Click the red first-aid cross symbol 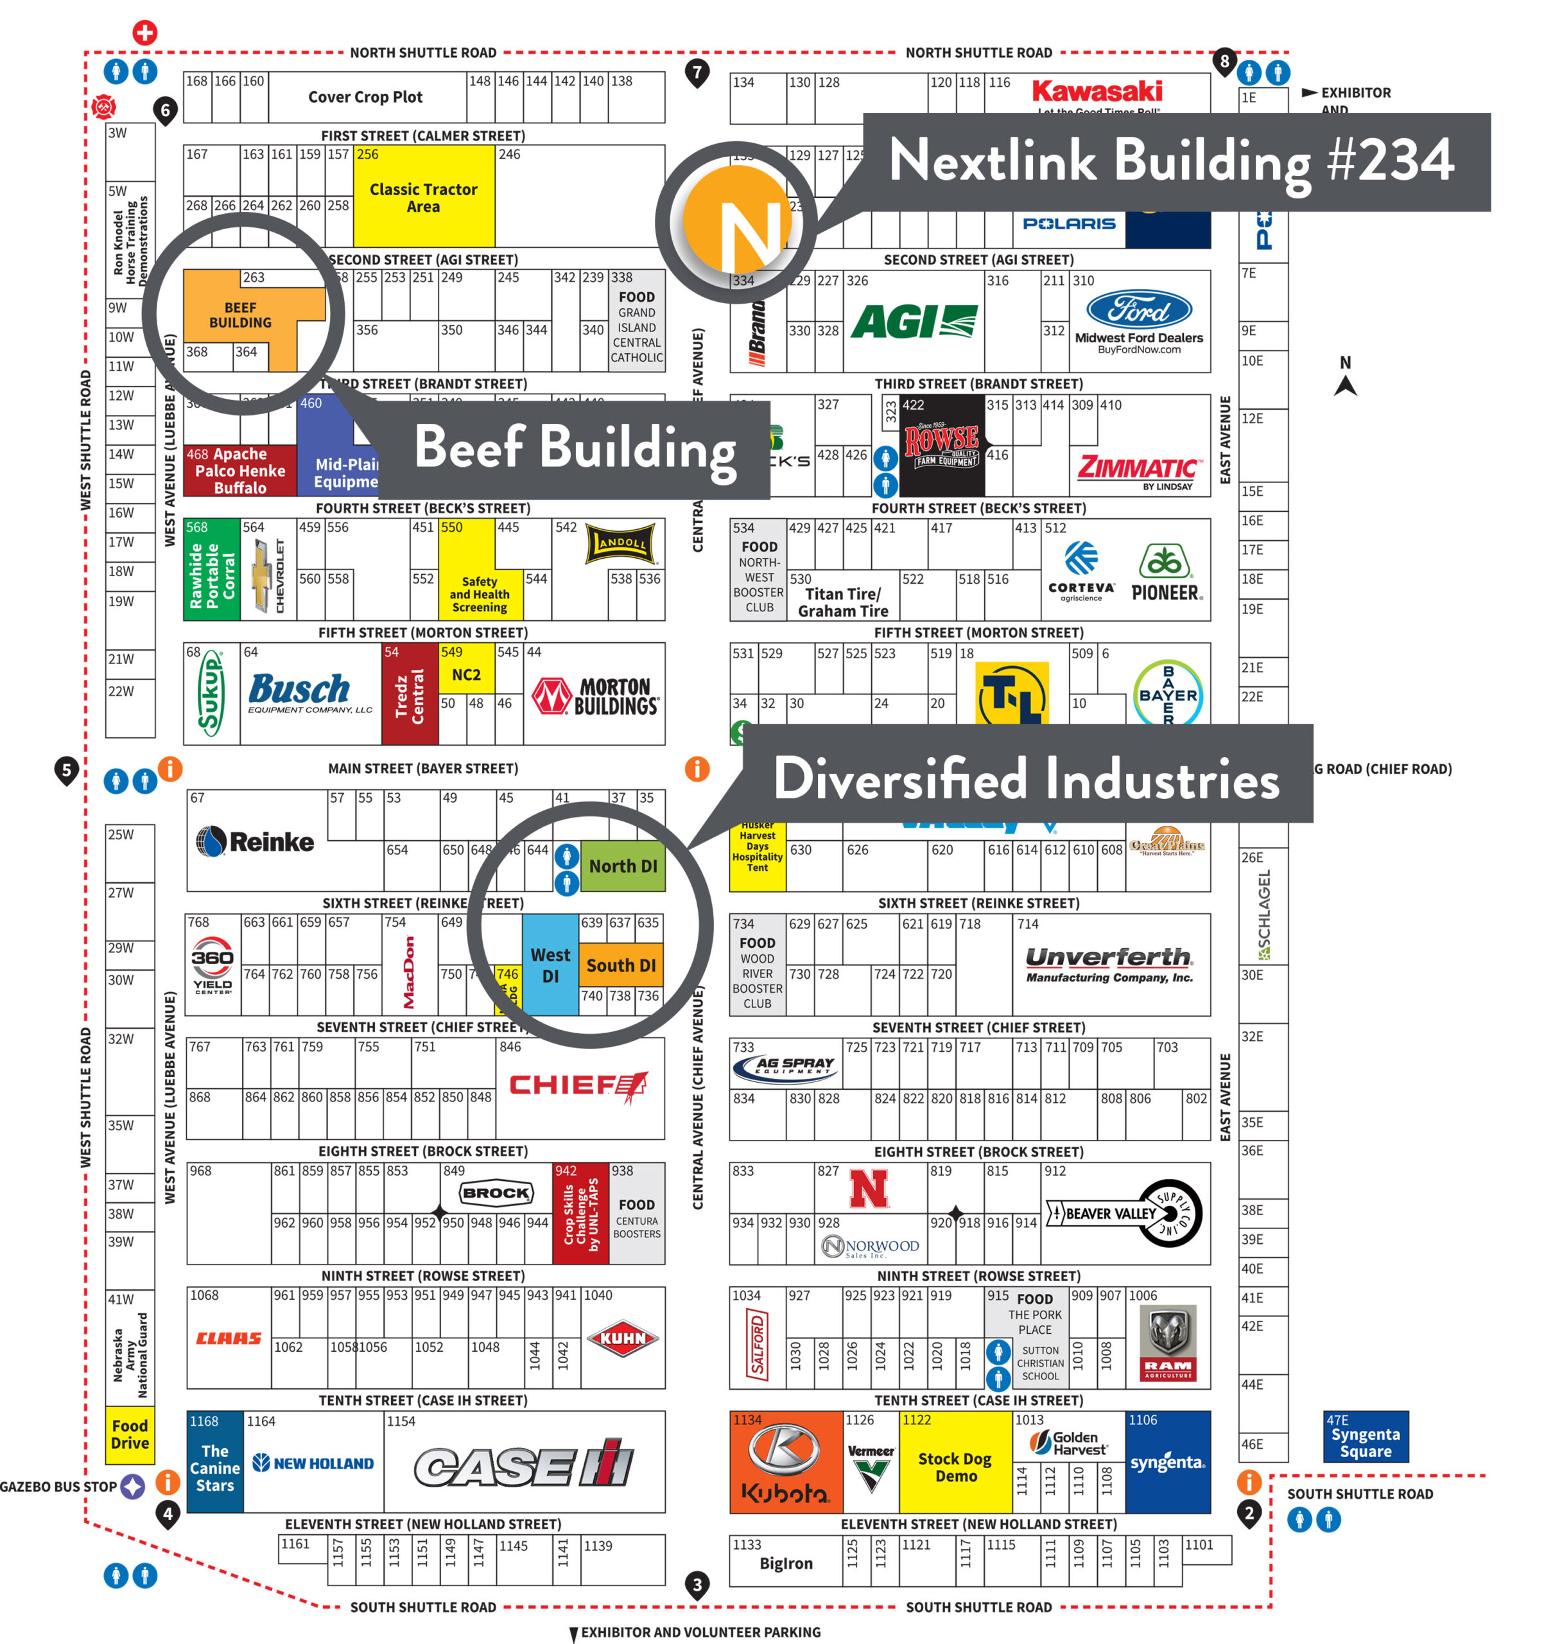[x=145, y=33]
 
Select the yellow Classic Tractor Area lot [x=424, y=197]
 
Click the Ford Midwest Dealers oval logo [x=1138, y=310]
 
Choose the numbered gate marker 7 [x=697, y=73]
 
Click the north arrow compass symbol [x=1345, y=377]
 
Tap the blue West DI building [x=550, y=965]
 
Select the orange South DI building [x=620, y=965]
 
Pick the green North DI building [x=622, y=865]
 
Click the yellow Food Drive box [x=130, y=1433]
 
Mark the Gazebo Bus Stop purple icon [x=132, y=1486]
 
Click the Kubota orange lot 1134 [x=785, y=1462]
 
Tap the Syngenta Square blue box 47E [x=1365, y=1436]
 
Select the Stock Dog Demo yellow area [x=955, y=1467]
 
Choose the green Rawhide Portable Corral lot [x=211, y=570]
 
